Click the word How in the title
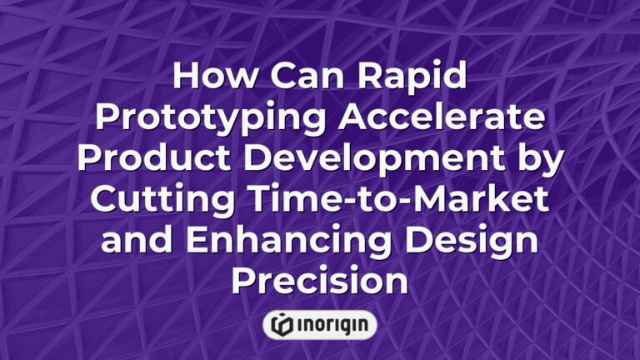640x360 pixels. [210, 77]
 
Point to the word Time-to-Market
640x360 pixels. [389, 197]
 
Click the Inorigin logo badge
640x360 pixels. [320, 325]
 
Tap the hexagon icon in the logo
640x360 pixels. [282, 325]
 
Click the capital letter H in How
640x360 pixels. [187, 77]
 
